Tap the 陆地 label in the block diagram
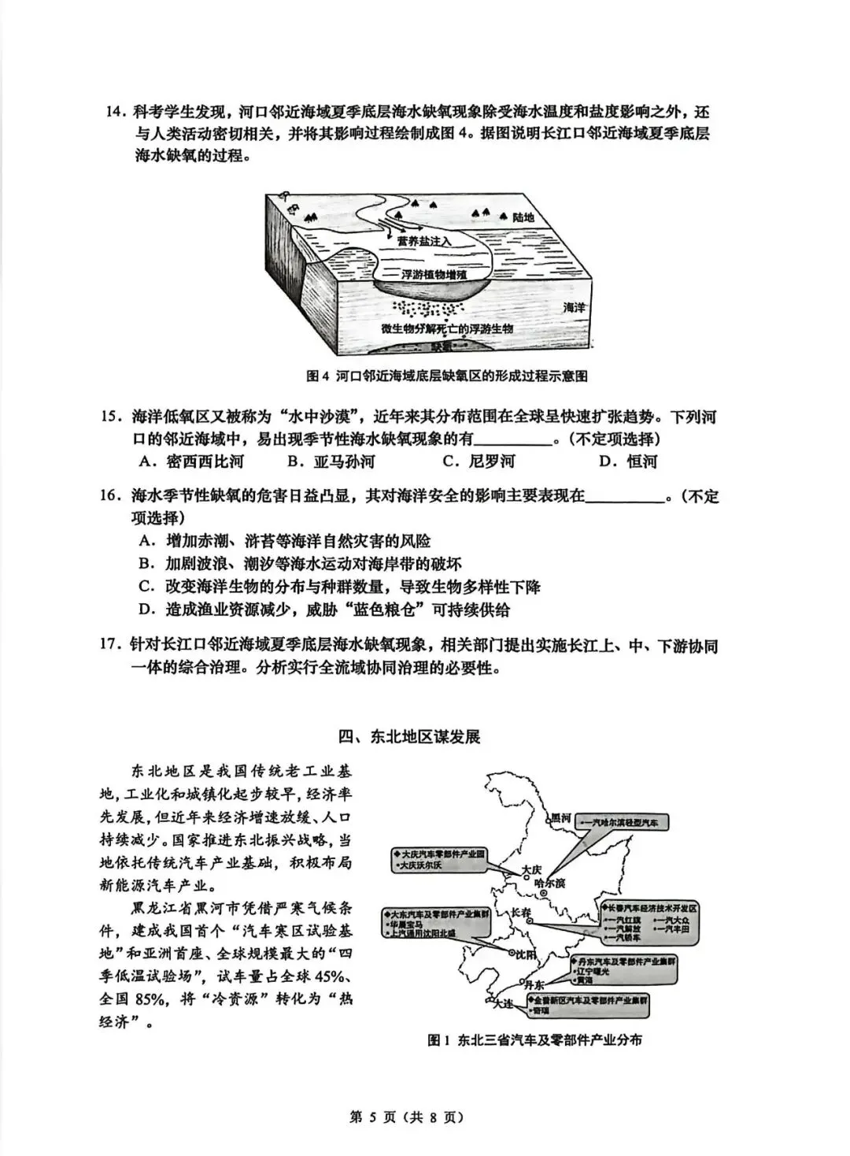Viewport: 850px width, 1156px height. pos(523,217)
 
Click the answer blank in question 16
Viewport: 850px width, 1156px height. pos(625,498)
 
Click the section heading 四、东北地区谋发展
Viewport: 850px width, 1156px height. pos(409,736)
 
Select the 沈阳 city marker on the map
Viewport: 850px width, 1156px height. pos(510,954)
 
